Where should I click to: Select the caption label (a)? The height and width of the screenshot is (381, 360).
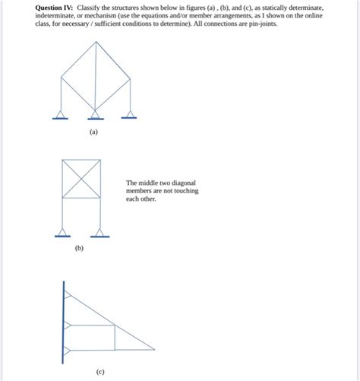93,132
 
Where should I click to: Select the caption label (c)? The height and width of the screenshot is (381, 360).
100,372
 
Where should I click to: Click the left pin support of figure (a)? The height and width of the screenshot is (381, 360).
60,115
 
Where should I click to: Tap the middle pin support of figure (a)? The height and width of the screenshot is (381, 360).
95,115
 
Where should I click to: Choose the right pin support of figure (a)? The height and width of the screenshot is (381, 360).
131,115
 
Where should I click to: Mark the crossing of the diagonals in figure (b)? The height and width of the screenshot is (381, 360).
81,178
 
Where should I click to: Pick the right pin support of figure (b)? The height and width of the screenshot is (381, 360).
99,233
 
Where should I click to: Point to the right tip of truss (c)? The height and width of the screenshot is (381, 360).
154,350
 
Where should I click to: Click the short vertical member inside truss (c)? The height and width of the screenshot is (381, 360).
115,338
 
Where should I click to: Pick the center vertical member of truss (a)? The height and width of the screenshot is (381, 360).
95,76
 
